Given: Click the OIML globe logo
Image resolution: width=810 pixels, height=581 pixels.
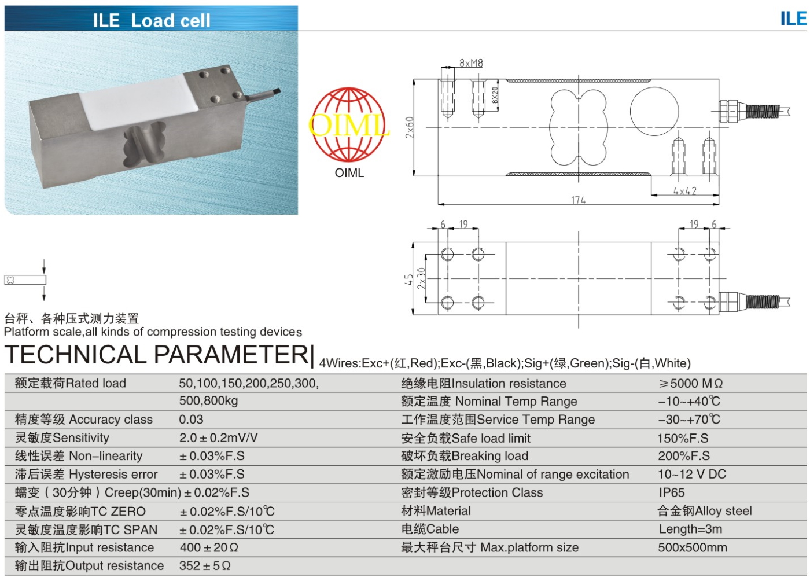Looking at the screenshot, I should point(349,124).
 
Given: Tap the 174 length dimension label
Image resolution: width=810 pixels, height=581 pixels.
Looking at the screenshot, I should point(578,200).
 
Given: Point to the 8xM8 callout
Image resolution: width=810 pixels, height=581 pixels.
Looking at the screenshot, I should point(471,63).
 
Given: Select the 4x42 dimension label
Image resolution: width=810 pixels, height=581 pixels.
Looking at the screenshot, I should point(684,191).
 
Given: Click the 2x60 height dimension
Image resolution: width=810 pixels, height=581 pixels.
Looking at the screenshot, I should point(410,127).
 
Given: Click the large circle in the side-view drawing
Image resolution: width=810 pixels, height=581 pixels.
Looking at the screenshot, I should point(654,112).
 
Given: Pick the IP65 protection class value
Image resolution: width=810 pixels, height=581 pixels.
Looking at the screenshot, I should point(671,492).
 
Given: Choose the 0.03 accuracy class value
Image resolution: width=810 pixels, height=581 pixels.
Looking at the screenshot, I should point(191,420).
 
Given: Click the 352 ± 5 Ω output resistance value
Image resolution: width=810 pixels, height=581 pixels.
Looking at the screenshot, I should point(205,566).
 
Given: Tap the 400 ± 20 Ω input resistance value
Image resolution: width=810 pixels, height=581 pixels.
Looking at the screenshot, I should point(209,547).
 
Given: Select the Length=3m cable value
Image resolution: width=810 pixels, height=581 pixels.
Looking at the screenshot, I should point(690,529).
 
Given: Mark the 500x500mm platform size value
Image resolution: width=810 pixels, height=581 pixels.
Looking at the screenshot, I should point(692,547).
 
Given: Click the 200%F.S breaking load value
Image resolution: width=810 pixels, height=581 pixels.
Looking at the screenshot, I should point(683,456).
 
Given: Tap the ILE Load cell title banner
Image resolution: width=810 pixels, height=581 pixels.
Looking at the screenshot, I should point(152,20).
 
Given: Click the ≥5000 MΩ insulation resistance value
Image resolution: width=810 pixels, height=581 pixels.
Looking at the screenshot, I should point(690,383).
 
